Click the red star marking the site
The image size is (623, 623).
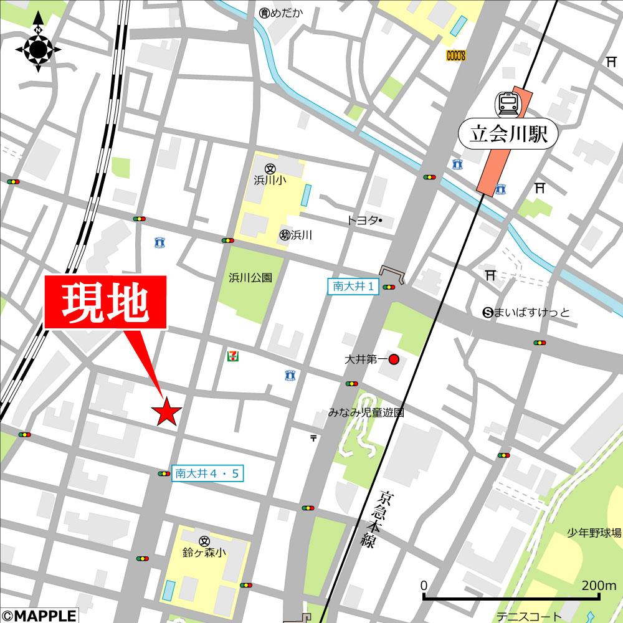coord(167,412)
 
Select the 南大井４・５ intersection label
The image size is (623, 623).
coord(207,473)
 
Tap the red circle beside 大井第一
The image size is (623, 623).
coord(394,359)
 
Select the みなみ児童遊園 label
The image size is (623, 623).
coord(367,412)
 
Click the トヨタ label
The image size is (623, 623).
coord(361,221)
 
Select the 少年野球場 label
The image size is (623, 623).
coord(594,533)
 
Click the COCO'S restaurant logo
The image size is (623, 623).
coord(456,55)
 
